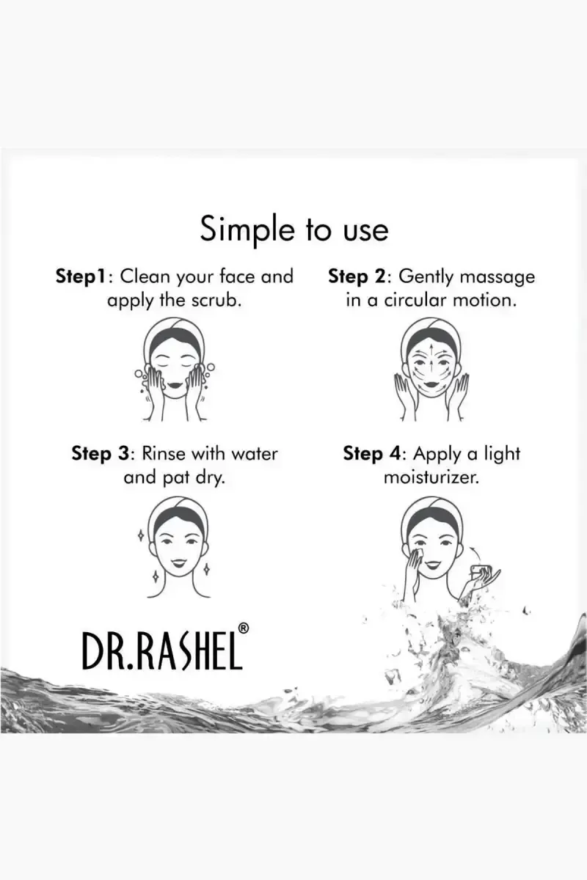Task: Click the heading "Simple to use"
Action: (x=294, y=230)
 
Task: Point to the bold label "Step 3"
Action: (x=100, y=455)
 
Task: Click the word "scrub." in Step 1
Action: (x=216, y=301)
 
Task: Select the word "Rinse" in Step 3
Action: (x=164, y=454)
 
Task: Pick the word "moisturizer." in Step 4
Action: (x=431, y=477)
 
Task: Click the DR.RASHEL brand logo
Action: (x=161, y=651)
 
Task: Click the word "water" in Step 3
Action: (x=254, y=454)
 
